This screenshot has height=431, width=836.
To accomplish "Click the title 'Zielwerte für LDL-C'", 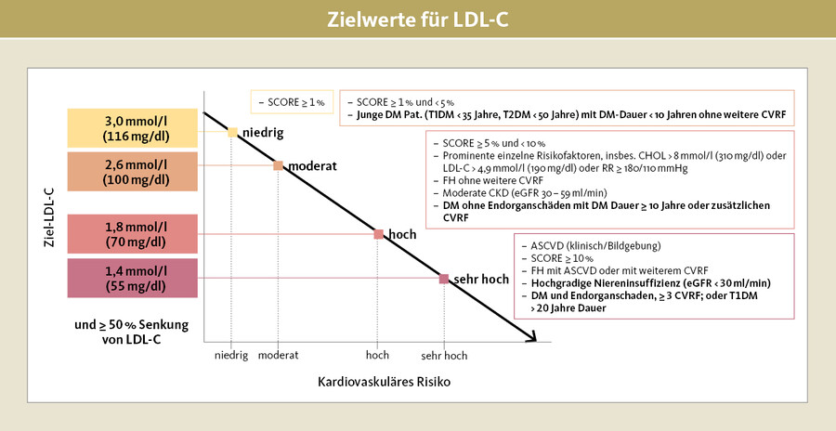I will coord(417,20).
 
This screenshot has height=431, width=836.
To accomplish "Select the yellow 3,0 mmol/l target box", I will coord(131,128).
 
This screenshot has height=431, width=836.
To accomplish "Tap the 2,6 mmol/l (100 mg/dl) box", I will coord(131,172).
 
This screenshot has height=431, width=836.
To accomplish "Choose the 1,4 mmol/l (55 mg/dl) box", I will coord(131,278).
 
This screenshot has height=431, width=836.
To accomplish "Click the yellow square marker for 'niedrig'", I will coord(232,132).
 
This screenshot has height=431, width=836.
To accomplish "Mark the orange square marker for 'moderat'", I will coord(277,165).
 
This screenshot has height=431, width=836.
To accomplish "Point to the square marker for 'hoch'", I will coord(378,234).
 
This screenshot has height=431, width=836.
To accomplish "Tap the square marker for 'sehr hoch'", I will coord(444,278).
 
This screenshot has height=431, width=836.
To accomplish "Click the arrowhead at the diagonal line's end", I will coord(532,339).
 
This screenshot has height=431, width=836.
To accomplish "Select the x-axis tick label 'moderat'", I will coord(278,355).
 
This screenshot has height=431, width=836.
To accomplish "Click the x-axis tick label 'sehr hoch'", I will coord(443,355).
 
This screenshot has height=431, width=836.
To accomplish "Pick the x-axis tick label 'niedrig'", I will coord(231,355).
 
